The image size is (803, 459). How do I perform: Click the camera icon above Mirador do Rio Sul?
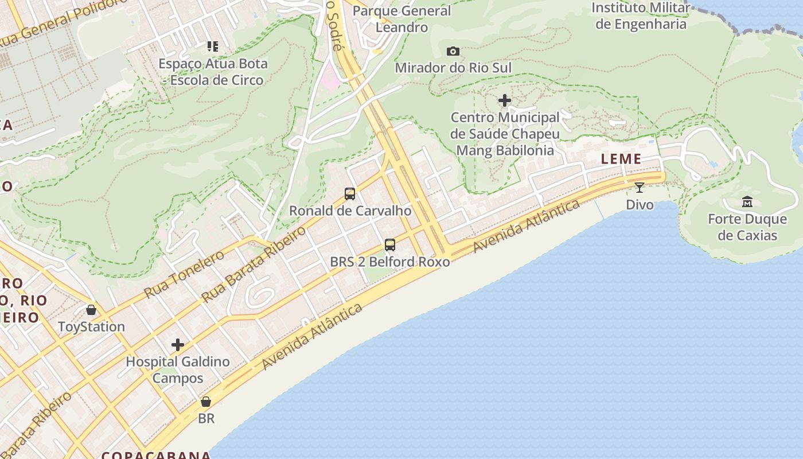(453, 52)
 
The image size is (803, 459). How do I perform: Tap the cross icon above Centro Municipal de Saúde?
(505, 101)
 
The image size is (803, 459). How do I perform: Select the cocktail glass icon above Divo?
(640, 187)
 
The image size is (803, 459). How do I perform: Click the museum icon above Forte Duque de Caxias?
(747, 201)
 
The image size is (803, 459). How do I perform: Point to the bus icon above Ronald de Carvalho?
(350, 194)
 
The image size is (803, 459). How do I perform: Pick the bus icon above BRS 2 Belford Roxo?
(390, 245)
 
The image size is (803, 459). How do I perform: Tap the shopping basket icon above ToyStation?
(91, 310)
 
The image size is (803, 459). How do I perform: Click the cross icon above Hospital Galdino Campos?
(178, 345)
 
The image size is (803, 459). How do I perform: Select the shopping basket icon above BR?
(206, 402)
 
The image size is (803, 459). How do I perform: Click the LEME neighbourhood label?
(621, 160)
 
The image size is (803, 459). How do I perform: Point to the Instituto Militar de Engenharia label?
(641, 16)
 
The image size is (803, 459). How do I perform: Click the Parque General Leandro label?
(402, 19)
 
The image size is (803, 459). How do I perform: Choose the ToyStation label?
(91, 326)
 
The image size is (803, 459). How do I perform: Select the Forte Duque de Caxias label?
(747, 227)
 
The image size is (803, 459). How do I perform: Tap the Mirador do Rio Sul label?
(453, 68)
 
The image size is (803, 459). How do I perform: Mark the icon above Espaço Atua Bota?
(213, 46)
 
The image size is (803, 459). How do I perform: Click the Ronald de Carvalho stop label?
(350, 211)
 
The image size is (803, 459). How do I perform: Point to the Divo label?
(640, 205)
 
